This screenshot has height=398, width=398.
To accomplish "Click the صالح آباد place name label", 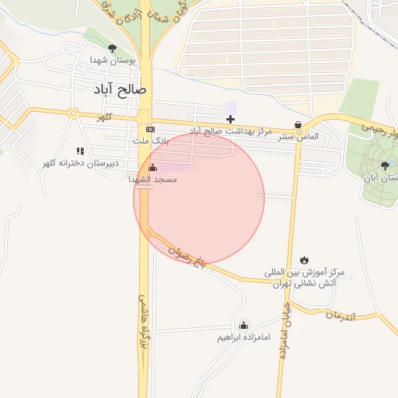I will point(120,89).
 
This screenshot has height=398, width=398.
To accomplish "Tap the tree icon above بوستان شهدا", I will point(113,48).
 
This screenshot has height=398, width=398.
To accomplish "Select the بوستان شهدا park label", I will point(113,59).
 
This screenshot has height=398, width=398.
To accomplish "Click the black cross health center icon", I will point(230,119).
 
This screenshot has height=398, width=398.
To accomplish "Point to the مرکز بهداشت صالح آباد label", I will point(231,131).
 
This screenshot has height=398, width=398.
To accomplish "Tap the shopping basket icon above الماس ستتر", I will point(298,125).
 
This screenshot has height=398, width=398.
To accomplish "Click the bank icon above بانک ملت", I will point(150,129).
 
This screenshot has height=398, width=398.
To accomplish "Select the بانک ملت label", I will point(150,141).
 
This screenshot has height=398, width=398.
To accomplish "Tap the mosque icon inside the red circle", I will point(152,168).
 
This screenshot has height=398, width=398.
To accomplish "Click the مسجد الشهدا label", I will point(153,180).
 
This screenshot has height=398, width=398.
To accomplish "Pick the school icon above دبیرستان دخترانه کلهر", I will point(79,151).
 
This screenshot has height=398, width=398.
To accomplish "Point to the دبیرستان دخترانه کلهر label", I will point(81,163).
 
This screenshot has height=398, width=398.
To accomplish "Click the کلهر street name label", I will point(104,117).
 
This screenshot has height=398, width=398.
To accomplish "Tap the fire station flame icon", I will point(304,260).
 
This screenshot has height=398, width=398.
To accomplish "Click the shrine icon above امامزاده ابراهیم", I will point(243,326).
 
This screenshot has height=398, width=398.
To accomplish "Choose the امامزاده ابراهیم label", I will point(243,338).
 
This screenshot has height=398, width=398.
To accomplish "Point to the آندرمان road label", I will point(340,316).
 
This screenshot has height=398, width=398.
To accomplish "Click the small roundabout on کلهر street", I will point(74,113).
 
